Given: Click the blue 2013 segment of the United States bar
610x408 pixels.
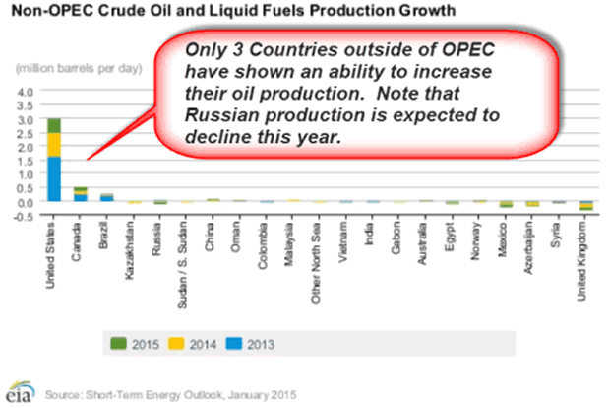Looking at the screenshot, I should [53, 179].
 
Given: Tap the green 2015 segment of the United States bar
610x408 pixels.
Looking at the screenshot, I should [53, 125].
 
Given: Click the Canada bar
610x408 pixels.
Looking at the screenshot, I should [80, 194].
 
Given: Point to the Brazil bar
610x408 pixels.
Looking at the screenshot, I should [106, 197].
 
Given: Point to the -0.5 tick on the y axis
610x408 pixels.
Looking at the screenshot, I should [24, 216].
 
